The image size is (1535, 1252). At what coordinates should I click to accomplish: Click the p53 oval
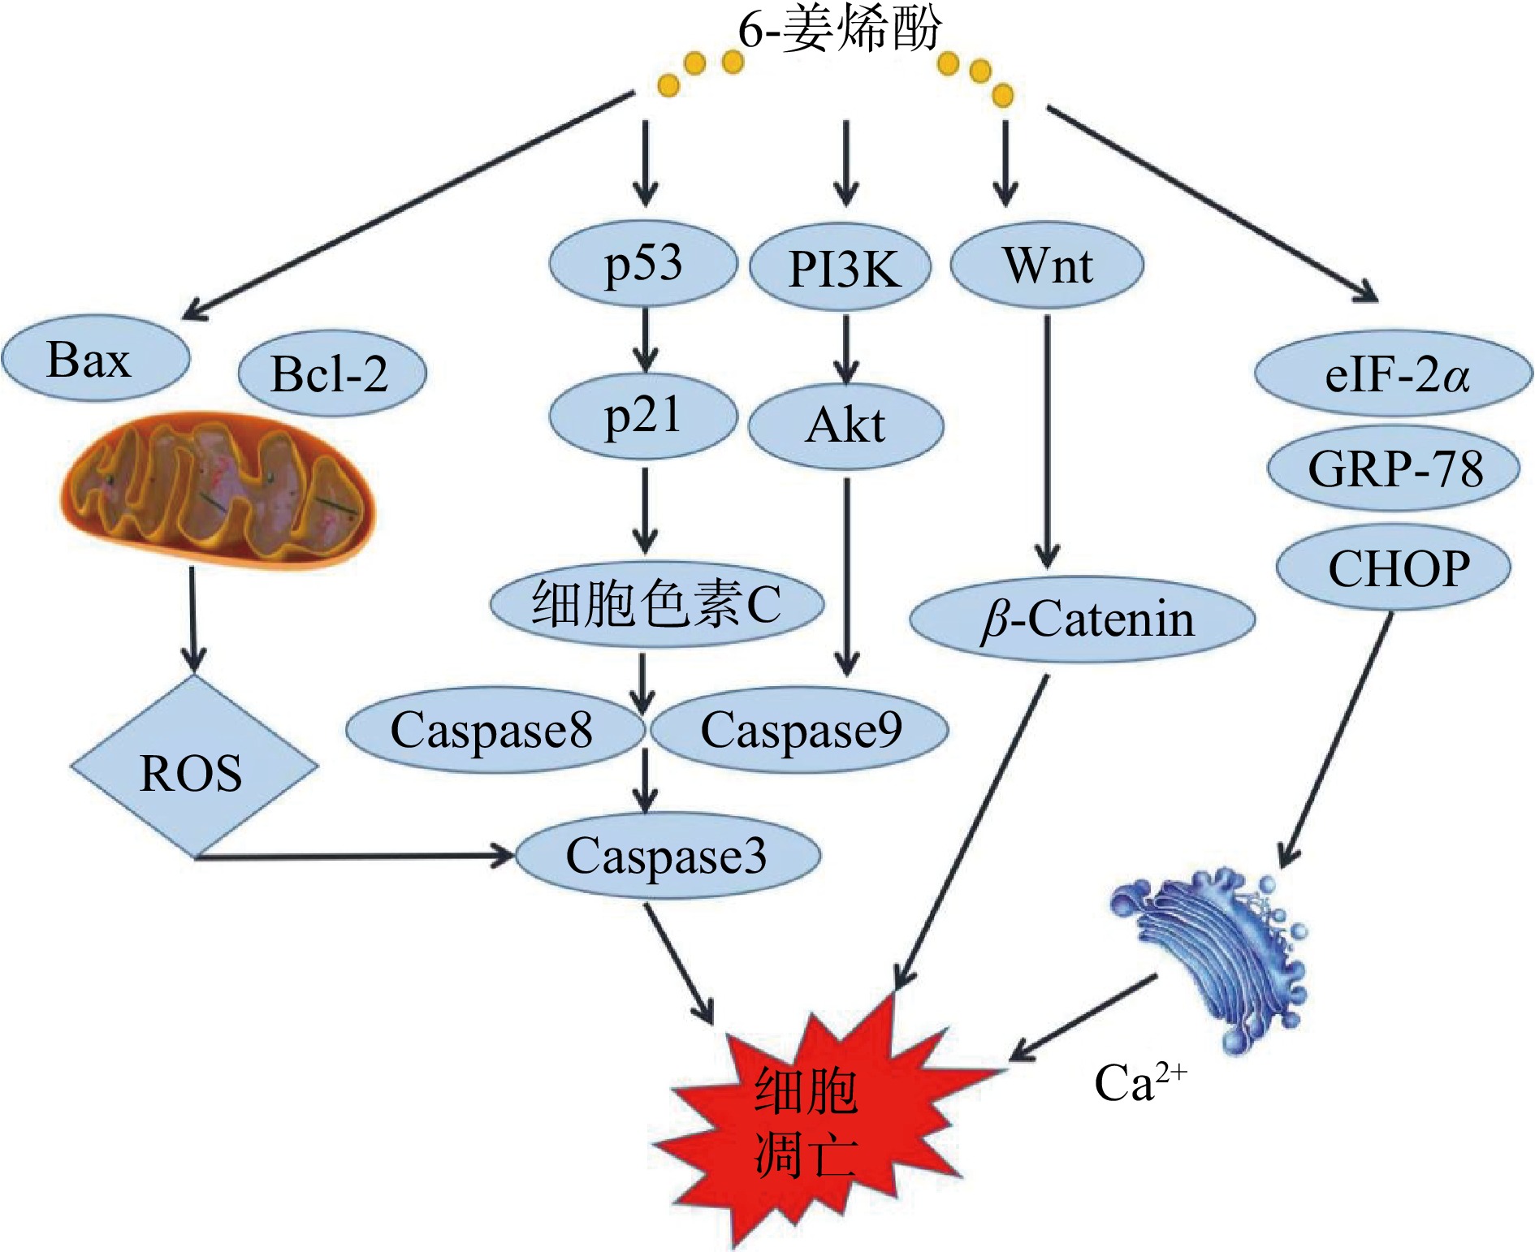click(643, 265)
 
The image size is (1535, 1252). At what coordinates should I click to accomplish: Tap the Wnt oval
click(1047, 265)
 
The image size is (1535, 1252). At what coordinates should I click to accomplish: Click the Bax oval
click(95, 359)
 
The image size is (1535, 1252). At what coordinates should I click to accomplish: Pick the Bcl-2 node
click(331, 373)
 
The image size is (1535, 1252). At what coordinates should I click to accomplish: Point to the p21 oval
click(642, 417)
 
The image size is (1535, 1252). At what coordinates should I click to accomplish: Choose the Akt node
click(845, 425)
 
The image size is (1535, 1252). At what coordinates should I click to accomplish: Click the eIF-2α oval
click(1394, 374)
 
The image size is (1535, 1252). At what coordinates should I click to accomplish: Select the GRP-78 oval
click(1394, 468)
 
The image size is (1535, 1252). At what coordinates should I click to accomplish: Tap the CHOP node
click(1394, 568)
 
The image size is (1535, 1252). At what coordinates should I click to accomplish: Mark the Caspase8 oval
click(494, 729)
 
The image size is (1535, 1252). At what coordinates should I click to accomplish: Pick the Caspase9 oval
click(799, 729)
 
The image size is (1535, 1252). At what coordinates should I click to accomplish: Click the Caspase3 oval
click(668, 856)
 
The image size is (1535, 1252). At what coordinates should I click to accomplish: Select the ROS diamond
click(193, 768)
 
